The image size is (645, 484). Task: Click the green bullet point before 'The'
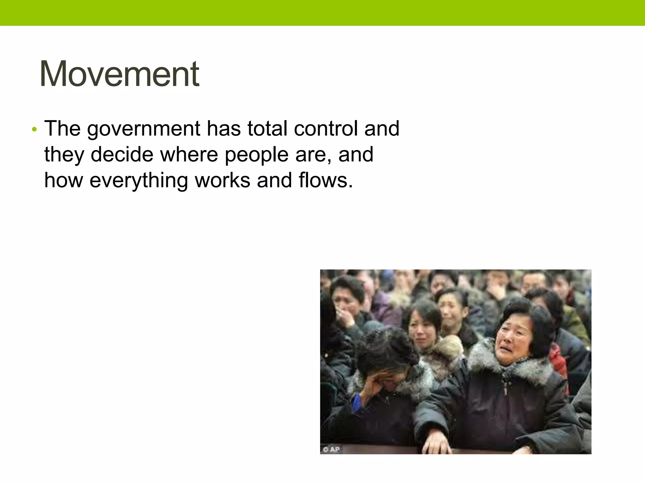tap(34, 130)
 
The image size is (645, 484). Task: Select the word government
tap(144, 129)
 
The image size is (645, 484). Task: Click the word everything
tap(139, 181)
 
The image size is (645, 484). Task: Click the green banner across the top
tap(322, 13)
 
